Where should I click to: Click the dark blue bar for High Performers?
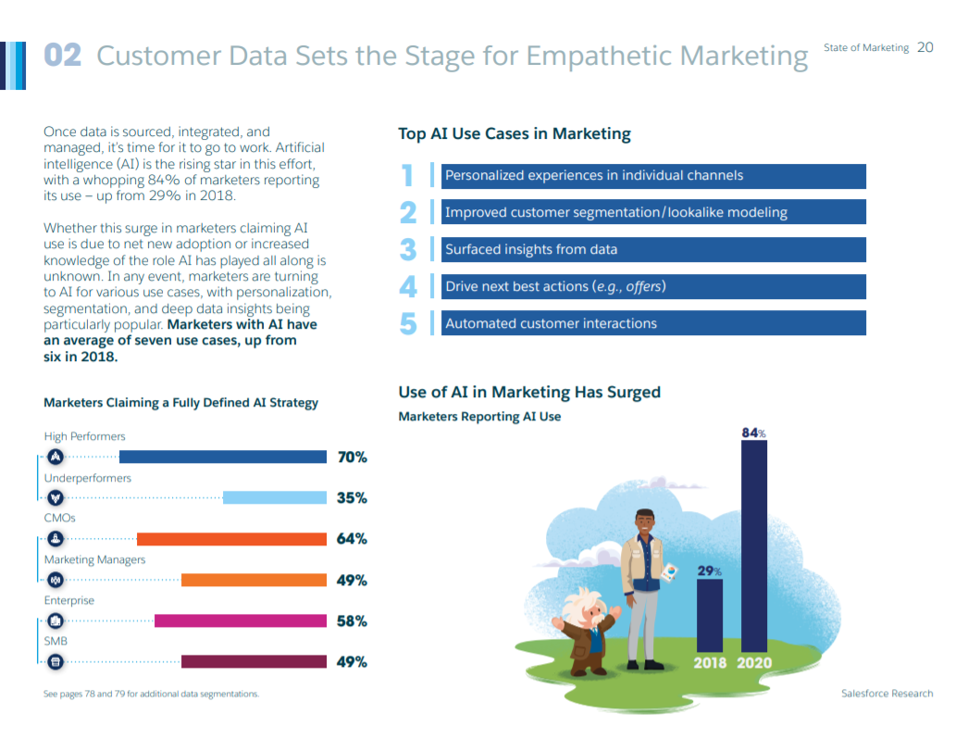[x=223, y=457]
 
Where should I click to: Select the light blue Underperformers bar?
[x=275, y=497]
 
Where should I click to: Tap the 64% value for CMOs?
[x=352, y=539]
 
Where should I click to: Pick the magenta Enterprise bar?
[x=241, y=620]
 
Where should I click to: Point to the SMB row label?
[x=56, y=641]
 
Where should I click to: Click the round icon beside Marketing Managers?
[x=56, y=580]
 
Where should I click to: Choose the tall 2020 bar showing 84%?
[x=754, y=546]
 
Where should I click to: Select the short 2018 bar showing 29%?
[x=709, y=616]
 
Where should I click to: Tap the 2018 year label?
[x=710, y=663]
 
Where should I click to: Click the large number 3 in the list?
[x=408, y=250]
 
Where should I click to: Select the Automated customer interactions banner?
[x=653, y=323]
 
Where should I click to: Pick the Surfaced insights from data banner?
[x=653, y=249]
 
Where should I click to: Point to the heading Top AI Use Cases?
[x=514, y=134]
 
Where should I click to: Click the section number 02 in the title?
[x=63, y=56]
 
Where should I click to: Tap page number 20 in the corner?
[x=924, y=47]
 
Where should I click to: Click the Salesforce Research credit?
[x=887, y=694]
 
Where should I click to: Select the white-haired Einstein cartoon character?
[x=588, y=630]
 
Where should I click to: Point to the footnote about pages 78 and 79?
[x=151, y=694]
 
